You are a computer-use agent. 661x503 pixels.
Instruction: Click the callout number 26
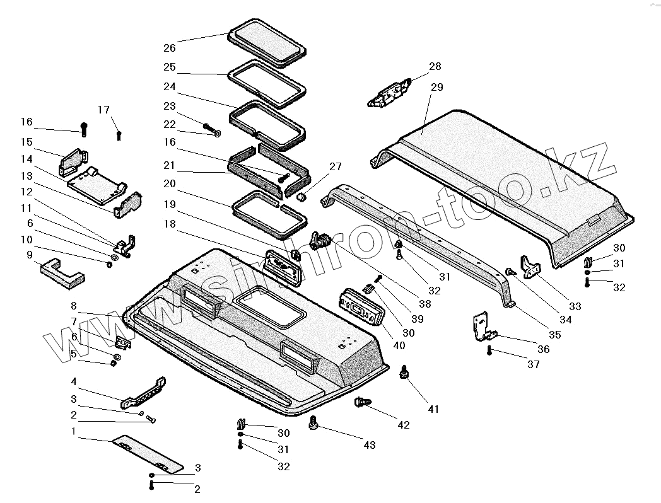[x=169, y=48]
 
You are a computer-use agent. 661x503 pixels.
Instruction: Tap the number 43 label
[x=369, y=445]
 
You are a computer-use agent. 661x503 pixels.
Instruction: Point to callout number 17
[x=103, y=110]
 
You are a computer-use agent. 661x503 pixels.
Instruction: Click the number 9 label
[x=29, y=255]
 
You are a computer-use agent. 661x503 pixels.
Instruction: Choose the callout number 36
[x=543, y=349]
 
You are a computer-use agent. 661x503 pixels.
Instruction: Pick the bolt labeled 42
[x=362, y=402]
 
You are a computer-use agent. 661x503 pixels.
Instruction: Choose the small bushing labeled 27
[x=301, y=199]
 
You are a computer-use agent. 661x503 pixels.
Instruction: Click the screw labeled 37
[x=489, y=350]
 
